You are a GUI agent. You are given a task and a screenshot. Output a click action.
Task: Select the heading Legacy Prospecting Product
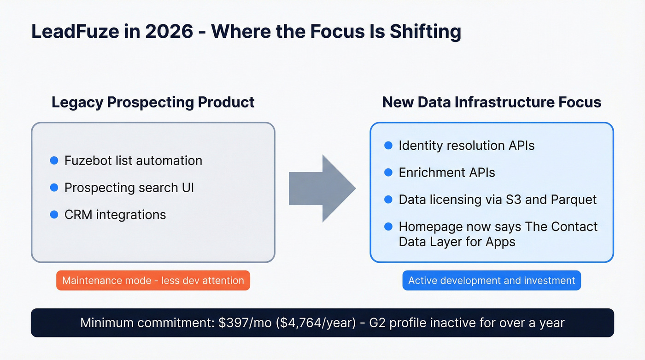(x=153, y=102)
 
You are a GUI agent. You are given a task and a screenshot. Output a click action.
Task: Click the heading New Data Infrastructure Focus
(x=492, y=102)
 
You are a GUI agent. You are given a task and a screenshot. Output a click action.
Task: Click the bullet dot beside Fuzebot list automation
(x=54, y=160)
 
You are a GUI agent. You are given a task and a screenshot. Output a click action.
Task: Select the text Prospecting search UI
(x=129, y=188)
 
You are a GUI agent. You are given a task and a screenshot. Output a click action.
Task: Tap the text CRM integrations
(x=115, y=214)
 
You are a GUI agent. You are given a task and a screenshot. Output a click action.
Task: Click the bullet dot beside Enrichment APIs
(x=388, y=172)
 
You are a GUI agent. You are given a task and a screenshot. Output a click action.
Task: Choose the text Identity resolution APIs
(x=466, y=146)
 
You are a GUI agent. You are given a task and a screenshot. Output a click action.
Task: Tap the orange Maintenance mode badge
(x=153, y=280)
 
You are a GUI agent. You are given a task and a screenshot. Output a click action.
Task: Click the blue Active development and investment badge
(x=492, y=280)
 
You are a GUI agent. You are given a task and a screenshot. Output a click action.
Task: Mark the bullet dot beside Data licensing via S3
(x=388, y=199)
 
